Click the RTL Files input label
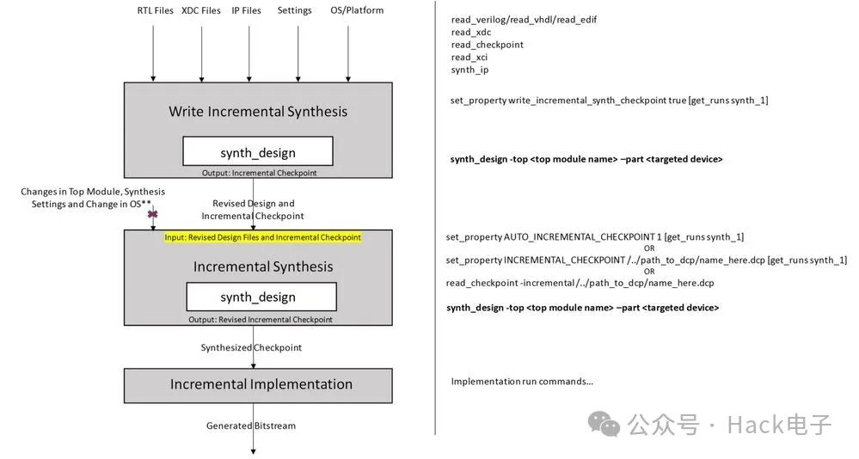click(155, 10)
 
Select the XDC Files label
click(201, 10)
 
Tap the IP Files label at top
click(246, 10)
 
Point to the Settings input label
click(295, 10)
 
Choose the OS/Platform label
click(357, 10)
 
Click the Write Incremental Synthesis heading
click(258, 111)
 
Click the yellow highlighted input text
click(262, 237)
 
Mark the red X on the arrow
click(153, 214)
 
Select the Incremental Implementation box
click(258, 384)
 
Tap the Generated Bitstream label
click(251, 425)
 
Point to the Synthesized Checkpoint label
click(251, 347)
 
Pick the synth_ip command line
click(469, 70)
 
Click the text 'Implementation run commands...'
click(522, 381)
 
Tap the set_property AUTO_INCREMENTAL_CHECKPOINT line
click(595, 236)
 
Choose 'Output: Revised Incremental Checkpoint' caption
click(261, 320)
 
